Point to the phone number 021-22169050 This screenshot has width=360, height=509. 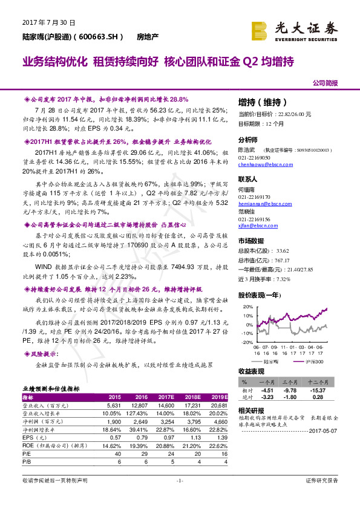(255, 157)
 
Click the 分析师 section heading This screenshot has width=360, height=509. (248, 138)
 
